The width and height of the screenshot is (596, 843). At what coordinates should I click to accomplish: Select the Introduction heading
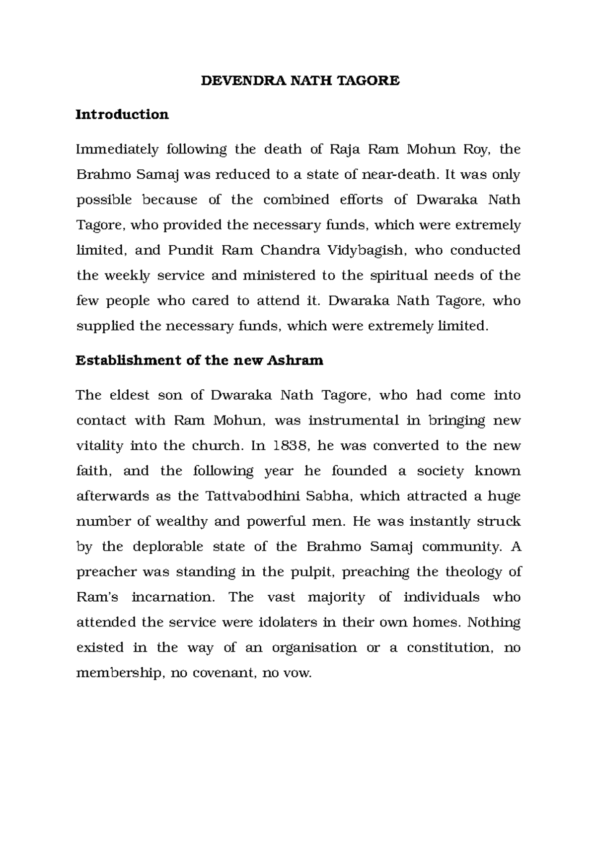coord(122,114)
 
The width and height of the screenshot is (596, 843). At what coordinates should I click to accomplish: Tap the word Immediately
coord(117,149)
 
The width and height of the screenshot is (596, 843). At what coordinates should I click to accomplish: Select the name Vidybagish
coord(367,250)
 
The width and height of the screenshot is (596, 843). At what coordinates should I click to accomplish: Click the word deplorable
coord(168,547)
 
